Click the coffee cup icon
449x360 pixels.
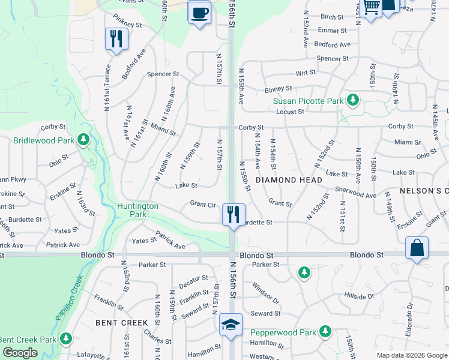(199, 12)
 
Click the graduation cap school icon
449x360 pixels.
(231, 325)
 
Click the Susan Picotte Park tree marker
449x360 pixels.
(354, 100)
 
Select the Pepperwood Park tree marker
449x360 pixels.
(325, 331)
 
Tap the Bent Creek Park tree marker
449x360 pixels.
(65, 339)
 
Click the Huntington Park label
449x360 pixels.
(138, 209)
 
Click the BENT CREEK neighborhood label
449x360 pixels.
(122, 323)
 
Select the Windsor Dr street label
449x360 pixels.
(265, 293)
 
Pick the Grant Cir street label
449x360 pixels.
(203, 204)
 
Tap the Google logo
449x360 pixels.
(20, 353)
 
